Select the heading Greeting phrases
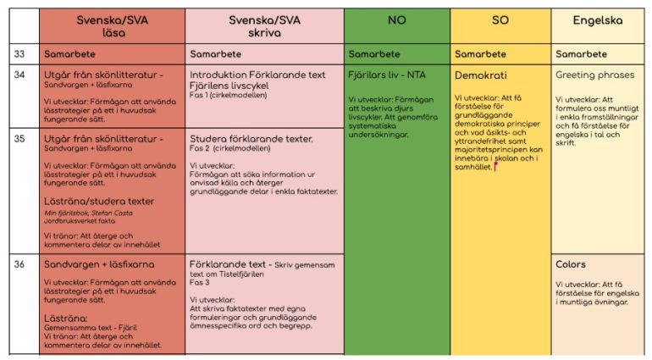point(594,75)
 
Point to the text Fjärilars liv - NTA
point(387,75)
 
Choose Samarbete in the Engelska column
point(580,54)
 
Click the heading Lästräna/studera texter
point(99,202)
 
